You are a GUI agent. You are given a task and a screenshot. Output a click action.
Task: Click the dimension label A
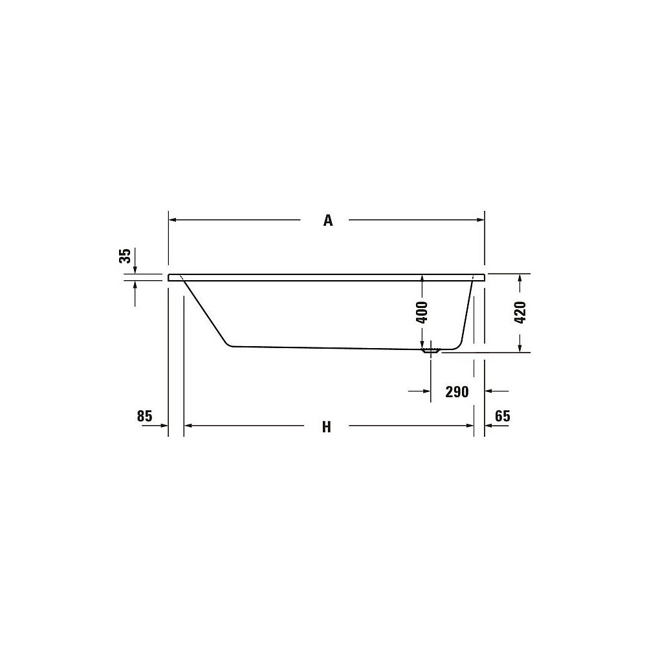327,221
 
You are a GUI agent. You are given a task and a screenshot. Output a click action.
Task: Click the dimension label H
326,427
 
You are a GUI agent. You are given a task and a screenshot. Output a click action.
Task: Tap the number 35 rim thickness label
125,256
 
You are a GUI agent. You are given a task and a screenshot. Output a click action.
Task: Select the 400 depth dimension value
422,313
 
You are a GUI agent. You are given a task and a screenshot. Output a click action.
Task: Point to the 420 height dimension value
520,313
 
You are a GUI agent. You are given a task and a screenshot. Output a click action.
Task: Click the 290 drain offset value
457,391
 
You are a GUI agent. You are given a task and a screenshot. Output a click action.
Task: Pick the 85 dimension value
145,416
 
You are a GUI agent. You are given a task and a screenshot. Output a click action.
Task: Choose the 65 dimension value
503,416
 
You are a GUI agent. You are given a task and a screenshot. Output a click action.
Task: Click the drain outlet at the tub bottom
431,351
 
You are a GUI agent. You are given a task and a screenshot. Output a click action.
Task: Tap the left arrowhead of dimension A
173,220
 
